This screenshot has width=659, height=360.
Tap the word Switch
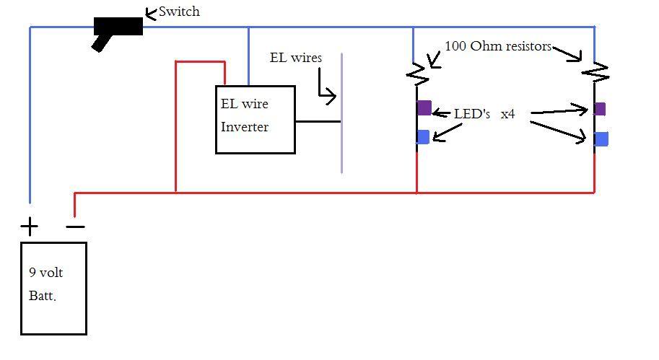(x=179, y=12)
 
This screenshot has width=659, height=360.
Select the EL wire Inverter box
(x=256, y=120)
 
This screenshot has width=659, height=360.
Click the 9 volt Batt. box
(x=53, y=289)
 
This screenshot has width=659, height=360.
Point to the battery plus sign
(x=29, y=228)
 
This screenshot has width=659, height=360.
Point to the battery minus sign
(x=75, y=227)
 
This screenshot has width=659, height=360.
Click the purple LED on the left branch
(x=424, y=108)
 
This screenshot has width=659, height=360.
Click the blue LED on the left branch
(x=423, y=136)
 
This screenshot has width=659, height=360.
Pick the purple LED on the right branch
(x=599, y=109)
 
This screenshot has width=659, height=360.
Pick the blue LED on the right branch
(x=601, y=139)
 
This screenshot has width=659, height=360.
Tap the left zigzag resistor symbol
(x=417, y=73)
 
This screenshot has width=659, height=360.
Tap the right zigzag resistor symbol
(x=595, y=72)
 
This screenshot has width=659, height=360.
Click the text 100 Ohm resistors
(x=498, y=46)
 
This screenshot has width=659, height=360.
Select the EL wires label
(x=295, y=58)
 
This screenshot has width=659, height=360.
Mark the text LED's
(x=472, y=114)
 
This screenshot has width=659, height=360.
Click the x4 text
(x=507, y=114)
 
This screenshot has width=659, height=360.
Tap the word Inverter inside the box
(x=245, y=127)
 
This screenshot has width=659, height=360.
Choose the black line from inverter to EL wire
(x=318, y=121)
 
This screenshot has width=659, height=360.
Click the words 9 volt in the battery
(x=47, y=274)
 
